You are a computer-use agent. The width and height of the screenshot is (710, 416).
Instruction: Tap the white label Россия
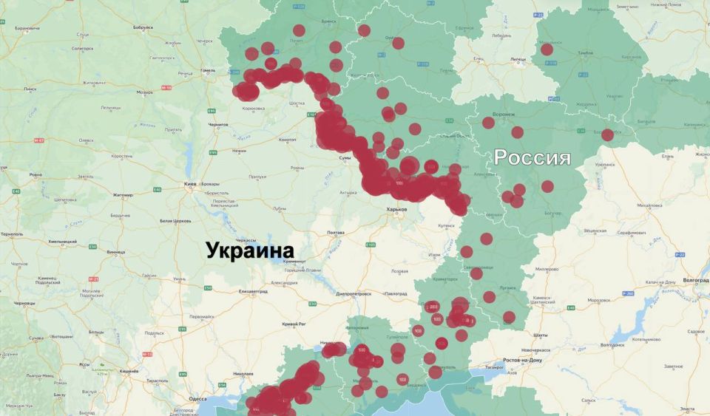pos(532,157)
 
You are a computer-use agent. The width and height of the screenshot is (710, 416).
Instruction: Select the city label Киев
pos(189,183)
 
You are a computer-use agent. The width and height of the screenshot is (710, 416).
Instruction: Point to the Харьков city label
pos(397,209)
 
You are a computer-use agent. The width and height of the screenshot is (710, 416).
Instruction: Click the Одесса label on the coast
pos(197,398)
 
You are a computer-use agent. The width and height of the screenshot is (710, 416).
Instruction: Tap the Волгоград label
pos(694,280)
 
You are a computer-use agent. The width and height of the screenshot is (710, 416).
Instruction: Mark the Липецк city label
pos(518,60)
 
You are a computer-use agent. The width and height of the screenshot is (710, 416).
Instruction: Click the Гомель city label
pos(208,71)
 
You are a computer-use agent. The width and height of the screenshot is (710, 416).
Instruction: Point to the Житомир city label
pos(122,195)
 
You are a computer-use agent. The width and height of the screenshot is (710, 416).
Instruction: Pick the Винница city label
pos(116,252)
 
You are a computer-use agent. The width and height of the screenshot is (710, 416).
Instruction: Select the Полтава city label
pos(335,233)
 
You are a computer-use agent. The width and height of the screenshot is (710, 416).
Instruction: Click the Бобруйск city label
pos(143,27)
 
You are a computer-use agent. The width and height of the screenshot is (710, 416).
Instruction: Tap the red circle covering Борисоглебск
pos(607,134)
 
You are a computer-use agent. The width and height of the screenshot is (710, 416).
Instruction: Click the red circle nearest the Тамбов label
pos(547,49)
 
